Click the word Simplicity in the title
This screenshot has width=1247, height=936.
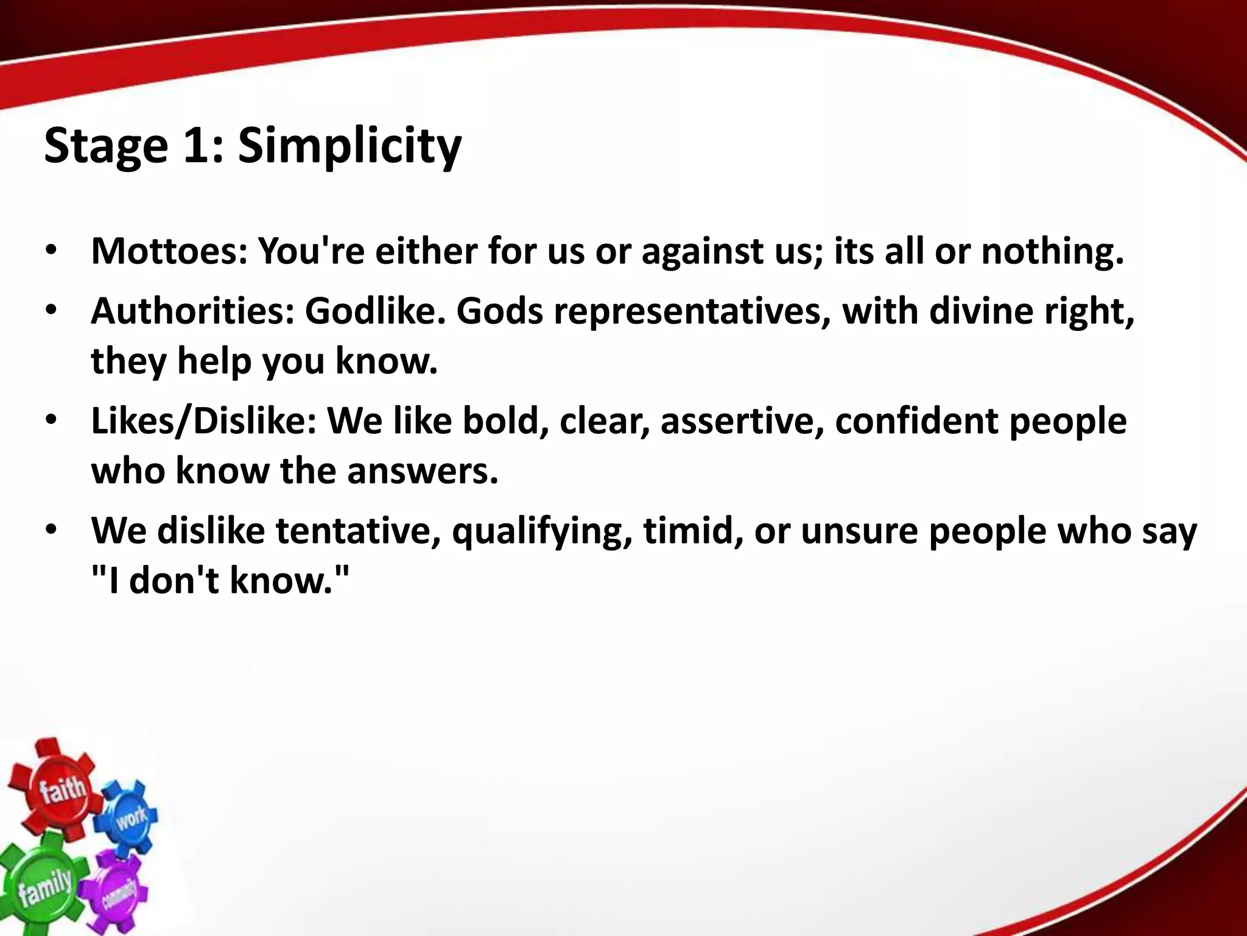tap(350, 146)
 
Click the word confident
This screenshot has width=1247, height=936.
tap(916, 421)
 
